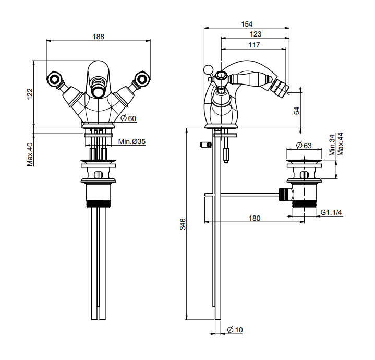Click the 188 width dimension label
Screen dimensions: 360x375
pyautogui.click(x=99, y=37)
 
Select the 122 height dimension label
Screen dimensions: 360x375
pyautogui.click(x=30, y=93)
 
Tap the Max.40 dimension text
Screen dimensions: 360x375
pyautogui.click(x=30, y=155)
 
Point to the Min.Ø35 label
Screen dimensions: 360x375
pyautogui.click(x=131, y=141)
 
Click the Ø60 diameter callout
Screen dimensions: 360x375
pyautogui.click(x=128, y=118)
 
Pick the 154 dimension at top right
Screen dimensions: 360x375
pyautogui.click(x=247, y=24)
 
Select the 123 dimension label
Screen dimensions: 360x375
pyautogui.click(x=255, y=34)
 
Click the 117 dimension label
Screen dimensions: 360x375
pyautogui.click(x=254, y=45)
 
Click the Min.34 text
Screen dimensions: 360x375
pyautogui.click(x=333, y=145)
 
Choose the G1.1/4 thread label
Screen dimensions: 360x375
pyautogui.click(x=331, y=212)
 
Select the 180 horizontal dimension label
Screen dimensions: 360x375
pyautogui.click(x=255, y=218)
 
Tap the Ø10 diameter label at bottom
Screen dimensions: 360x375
pyautogui.click(x=235, y=330)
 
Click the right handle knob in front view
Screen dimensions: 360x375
pyautogui.click(x=140, y=80)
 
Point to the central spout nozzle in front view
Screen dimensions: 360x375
pyautogui.click(x=98, y=92)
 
